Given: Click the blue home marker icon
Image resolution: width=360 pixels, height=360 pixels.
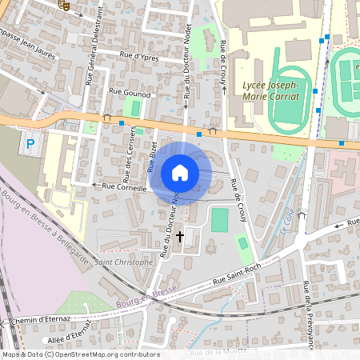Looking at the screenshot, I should point(180,173).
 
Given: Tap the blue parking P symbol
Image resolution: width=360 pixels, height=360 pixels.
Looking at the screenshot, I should point(30,145).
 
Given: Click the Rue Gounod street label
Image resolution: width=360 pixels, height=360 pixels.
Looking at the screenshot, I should point(142,94).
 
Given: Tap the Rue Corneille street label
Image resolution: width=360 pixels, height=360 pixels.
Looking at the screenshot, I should point(122,187).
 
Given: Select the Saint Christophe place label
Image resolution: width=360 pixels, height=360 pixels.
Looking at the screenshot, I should point(124,262).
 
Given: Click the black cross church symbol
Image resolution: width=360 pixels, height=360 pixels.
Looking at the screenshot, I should point(179,237).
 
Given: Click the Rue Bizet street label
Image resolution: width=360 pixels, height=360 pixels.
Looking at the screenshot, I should point(152,157).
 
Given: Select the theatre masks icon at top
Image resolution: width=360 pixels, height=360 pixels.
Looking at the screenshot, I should point(66,4).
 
